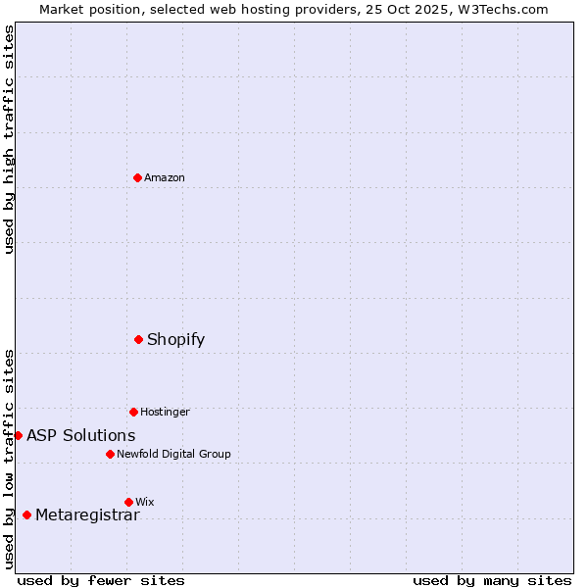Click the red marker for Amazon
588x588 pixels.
[x=137, y=177]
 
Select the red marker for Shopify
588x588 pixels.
[x=138, y=339]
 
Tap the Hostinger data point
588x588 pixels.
[x=133, y=412]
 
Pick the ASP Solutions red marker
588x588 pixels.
[x=18, y=435]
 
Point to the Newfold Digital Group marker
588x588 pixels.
[x=110, y=454]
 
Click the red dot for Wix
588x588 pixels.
[x=128, y=502]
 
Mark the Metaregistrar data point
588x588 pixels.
[x=26, y=514]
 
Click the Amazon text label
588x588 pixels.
[x=164, y=177]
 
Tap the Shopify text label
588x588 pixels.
[x=175, y=339]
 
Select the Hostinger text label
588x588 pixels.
[x=165, y=412]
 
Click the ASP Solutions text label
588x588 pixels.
[x=80, y=435]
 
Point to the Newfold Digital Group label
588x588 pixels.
[x=173, y=454]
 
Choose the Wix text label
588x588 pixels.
[x=145, y=502]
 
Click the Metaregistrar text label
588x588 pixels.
[x=87, y=514]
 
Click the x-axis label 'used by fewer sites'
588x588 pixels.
[x=101, y=580]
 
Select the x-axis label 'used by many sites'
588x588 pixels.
[x=492, y=580]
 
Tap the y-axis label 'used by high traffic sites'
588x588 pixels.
[x=9, y=139]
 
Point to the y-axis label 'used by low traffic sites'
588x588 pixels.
[x=9, y=459]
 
